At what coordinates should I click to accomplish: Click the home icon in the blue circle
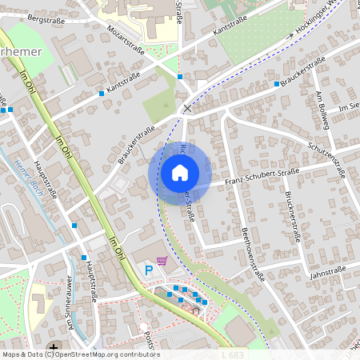click(x=179, y=172)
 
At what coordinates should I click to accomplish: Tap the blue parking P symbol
click(x=148, y=271)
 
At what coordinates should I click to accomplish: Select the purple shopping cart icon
click(x=162, y=260)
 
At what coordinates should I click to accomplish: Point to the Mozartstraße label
click(x=124, y=39)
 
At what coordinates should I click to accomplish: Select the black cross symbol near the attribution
click(x=53, y=346)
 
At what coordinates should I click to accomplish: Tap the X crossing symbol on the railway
click(x=188, y=107)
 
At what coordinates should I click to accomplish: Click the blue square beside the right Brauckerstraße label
click(x=277, y=83)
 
